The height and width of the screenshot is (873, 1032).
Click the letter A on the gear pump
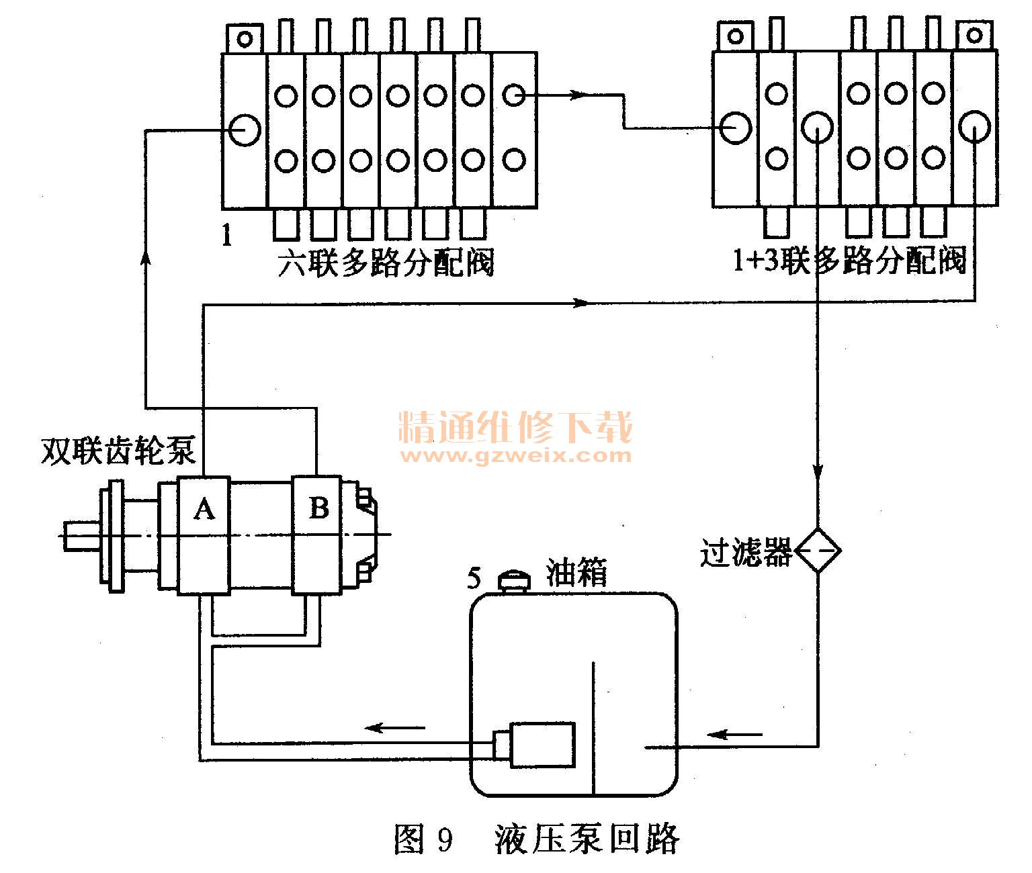click(x=204, y=509)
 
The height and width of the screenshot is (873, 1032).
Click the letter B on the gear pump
click(x=319, y=508)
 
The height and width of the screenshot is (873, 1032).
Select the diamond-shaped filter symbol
click(x=817, y=551)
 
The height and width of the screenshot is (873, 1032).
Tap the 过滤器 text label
click(x=746, y=552)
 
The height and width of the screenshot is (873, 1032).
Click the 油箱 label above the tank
click(x=576, y=572)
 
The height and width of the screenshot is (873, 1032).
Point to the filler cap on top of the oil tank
click(x=514, y=582)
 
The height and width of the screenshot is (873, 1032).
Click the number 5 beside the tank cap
click(x=474, y=578)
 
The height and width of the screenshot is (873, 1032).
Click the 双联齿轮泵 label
click(x=118, y=451)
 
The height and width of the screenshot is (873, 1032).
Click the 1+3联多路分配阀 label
click(x=849, y=260)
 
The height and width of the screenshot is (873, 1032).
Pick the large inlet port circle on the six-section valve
click(x=245, y=130)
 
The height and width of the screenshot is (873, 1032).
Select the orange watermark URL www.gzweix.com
click(x=516, y=455)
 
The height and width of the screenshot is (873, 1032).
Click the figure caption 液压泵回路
click(x=587, y=839)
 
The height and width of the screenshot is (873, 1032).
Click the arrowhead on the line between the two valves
click(x=578, y=94)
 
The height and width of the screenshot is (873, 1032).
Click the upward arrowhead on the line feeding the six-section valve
click(x=145, y=258)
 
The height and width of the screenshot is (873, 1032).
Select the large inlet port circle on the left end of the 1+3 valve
click(x=736, y=128)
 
